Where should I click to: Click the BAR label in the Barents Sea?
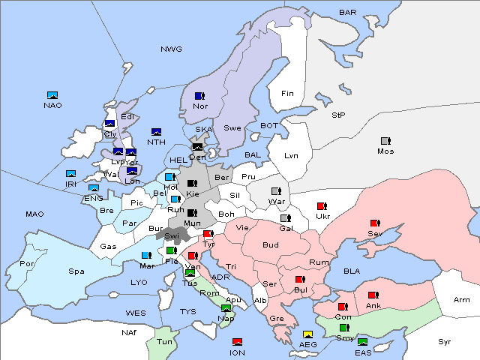tap(347, 13)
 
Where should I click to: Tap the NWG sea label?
tap(171, 49)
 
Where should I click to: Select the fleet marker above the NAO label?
tap(52, 95)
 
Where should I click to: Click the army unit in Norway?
tap(199, 96)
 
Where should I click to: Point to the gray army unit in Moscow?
tap(385, 141)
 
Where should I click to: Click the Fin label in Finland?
tap(286, 94)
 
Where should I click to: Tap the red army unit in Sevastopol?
tap(375, 223)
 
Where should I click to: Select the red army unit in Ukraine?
tap(322, 206)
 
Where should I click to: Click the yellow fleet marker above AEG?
tap(307, 334)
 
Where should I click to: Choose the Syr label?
tap(445, 342)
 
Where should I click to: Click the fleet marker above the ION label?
tap(238, 343)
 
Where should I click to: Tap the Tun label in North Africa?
tap(164, 341)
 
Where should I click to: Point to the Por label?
tap(27, 264)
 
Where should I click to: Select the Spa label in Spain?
tap(76, 271)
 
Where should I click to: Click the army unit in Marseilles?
tap(146, 256)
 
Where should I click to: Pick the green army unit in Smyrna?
tap(344, 328)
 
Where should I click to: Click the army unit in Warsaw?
tap(276, 191)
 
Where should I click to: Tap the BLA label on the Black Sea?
tap(352, 271)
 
